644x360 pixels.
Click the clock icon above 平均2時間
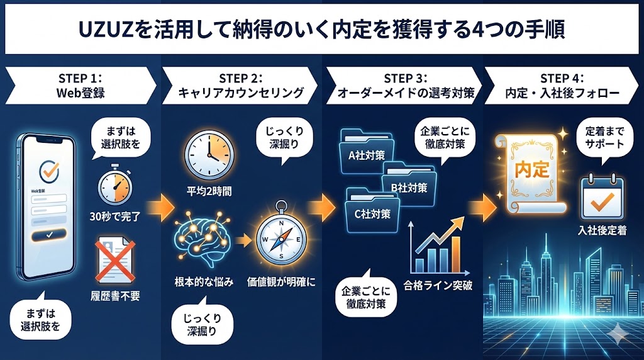pyautogui.click(x=208, y=155)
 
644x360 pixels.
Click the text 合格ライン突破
pyautogui.click(x=438, y=284)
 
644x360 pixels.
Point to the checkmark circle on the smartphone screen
pyautogui.click(x=48, y=171)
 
